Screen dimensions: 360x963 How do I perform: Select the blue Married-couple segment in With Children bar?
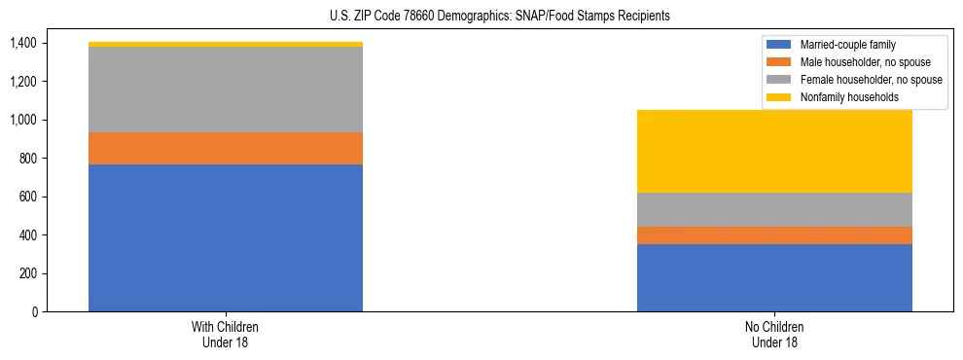pos(226,237)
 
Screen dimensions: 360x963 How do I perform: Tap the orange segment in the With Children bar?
pos(226,148)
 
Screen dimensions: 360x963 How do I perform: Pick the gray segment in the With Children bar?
pos(226,90)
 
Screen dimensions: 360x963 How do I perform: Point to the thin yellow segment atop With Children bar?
pos(226,45)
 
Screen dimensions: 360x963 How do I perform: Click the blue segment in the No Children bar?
pos(774,277)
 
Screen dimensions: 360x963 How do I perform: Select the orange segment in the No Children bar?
pos(774,235)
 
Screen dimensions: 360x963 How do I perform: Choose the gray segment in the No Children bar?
pos(774,209)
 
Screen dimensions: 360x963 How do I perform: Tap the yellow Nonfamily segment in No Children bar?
pos(774,151)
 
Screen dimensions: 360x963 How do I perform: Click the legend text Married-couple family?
pos(847,45)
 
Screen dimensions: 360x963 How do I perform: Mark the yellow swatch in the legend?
pos(779,97)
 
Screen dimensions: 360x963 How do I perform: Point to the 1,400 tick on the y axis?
pos(21,43)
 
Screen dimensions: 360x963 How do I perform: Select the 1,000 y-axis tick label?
pos(21,120)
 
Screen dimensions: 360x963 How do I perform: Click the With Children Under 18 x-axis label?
pos(226,335)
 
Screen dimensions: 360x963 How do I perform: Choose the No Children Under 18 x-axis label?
pos(774,335)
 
